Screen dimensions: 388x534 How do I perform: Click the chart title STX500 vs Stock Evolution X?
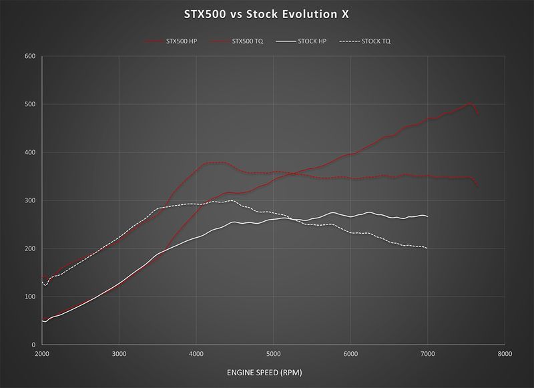[x=266, y=13]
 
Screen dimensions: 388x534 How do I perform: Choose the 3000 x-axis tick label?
[x=119, y=353]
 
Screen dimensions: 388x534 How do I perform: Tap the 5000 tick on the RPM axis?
[x=273, y=353]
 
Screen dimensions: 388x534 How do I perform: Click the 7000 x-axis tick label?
[x=427, y=353]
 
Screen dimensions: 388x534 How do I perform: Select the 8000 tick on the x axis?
[x=505, y=353]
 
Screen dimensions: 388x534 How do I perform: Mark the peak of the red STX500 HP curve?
[x=469, y=104]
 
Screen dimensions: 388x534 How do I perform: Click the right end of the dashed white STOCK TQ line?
[x=427, y=248]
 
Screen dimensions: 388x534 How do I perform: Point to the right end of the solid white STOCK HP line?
[x=427, y=216]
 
